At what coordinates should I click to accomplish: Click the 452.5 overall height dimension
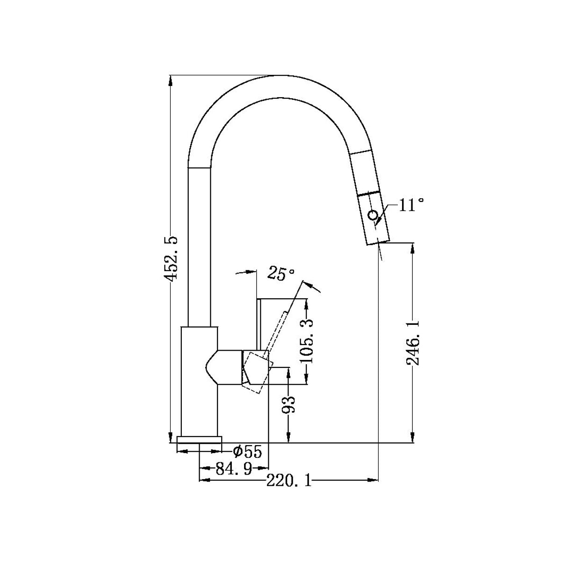172,258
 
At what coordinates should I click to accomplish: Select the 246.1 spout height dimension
412,343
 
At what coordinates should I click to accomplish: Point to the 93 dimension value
289,404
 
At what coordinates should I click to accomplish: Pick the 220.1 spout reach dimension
289,480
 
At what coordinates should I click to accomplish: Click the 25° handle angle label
280,274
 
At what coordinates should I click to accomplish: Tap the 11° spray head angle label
411,205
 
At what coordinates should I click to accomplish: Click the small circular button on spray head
373,215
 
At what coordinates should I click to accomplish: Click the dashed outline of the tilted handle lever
276,337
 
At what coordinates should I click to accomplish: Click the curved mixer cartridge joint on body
211,367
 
